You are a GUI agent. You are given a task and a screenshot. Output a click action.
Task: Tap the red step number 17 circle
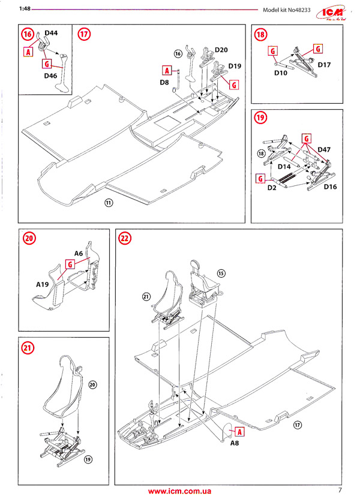(x=85, y=34)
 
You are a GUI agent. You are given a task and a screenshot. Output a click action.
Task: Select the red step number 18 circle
(x=260, y=34)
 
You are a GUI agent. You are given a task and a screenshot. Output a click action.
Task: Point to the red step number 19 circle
(x=260, y=118)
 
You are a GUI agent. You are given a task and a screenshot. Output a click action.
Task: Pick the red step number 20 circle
(x=29, y=238)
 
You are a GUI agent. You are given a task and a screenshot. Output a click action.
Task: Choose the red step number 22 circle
(x=125, y=238)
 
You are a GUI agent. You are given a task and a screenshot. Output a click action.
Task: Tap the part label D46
(x=50, y=76)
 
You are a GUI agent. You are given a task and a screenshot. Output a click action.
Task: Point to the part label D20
(x=221, y=50)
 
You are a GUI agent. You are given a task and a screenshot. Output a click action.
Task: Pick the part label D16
(x=331, y=187)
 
